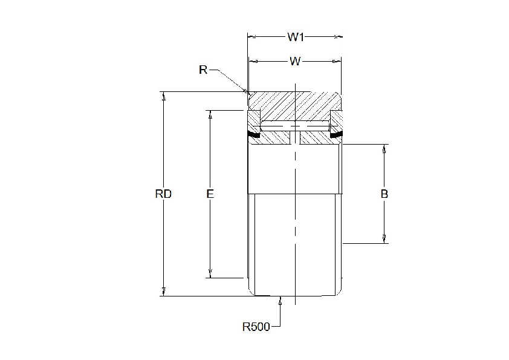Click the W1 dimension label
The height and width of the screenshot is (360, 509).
[295, 38]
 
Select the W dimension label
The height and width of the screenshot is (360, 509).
[295, 61]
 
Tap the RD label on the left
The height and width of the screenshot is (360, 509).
[163, 194]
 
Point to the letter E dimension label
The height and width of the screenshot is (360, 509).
[210, 194]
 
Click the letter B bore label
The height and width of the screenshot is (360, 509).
[384, 194]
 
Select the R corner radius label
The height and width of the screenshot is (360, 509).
[203, 70]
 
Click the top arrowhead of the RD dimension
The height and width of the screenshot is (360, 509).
[163, 95]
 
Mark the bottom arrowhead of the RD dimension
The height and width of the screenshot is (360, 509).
[163, 293]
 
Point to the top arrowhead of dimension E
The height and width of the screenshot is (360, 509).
[210, 114]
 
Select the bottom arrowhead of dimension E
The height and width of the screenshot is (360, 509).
[210, 274]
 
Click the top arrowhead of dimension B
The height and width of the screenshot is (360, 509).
[384, 148]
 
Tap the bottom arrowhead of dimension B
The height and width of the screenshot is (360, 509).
[384, 240]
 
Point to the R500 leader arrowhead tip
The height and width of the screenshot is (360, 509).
[280, 298]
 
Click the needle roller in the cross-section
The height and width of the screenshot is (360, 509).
[294, 126]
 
